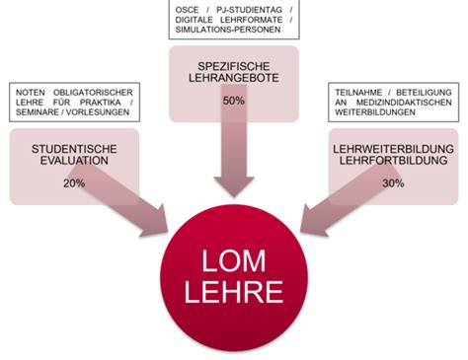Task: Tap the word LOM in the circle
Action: [234, 262]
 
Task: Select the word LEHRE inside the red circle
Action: [234, 293]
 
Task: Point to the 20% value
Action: [74, 182]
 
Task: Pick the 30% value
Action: [392, 182]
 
